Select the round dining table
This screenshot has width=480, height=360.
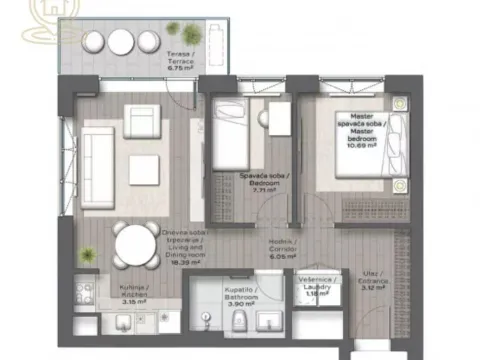tap(132, 244)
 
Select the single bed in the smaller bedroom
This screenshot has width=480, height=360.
tap(230, 135)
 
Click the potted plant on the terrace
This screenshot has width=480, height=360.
tap(173, 28)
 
